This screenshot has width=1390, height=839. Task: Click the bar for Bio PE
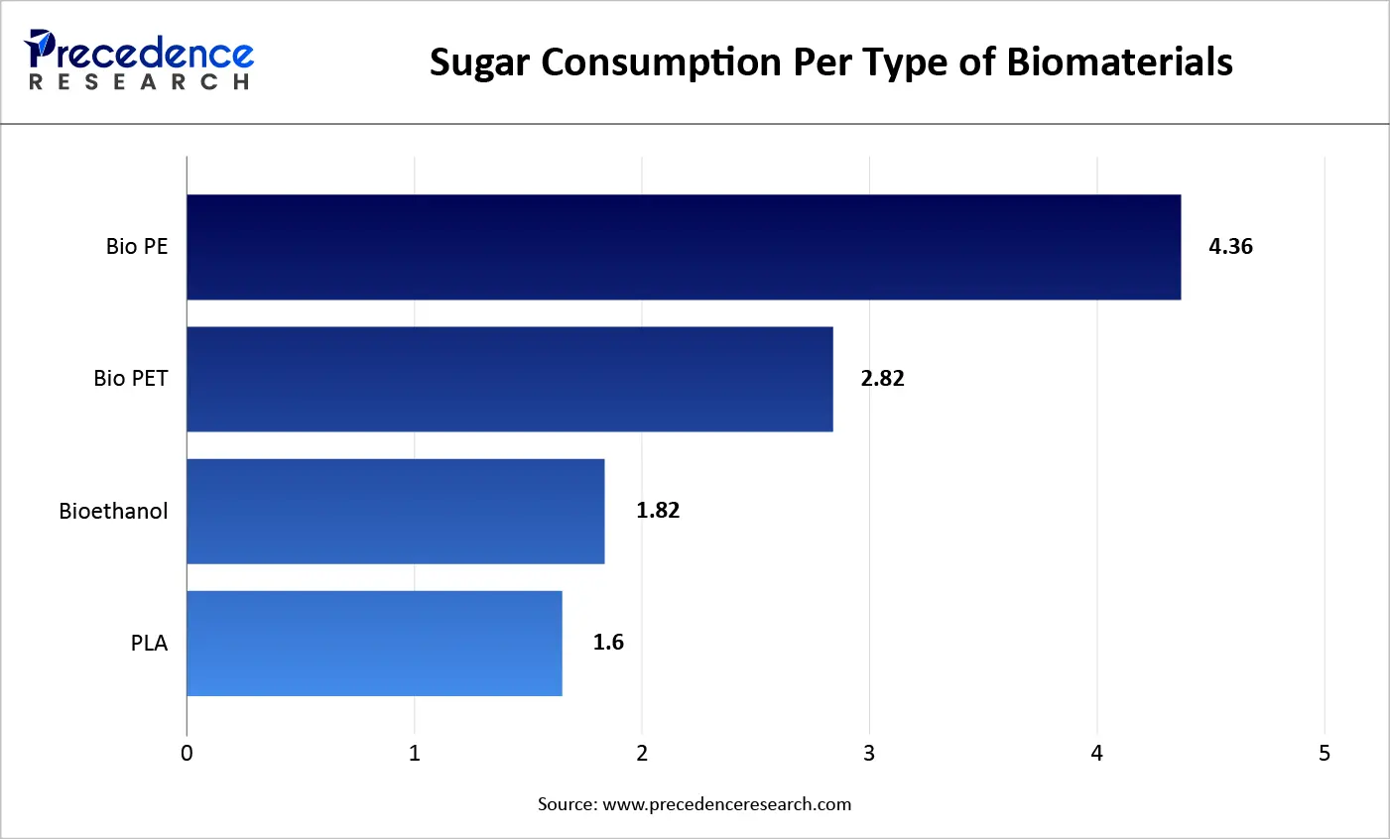coord(684,247)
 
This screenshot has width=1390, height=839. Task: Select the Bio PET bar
coord(510,379)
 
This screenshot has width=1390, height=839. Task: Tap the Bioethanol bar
coord(396,511)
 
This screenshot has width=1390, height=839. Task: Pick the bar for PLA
coord(374,643)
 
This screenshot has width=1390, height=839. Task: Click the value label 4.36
coord(1230,247)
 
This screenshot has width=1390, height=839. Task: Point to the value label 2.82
coord(882,379)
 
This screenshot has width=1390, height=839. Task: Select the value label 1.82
coord(658,511)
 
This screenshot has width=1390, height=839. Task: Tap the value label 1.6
coord(608,643)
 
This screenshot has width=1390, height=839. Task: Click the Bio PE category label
coord(137,247)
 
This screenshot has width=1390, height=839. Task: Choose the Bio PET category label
coord(131,379)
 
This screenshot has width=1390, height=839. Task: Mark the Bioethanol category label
coord(113,512)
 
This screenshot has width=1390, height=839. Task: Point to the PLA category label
coord(149,644)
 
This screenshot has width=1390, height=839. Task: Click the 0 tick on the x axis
coord(187,754)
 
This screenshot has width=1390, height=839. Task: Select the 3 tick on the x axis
coord(869,754)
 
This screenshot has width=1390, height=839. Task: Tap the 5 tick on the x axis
coord(1325,754)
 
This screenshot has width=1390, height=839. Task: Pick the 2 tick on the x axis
coord(642,754)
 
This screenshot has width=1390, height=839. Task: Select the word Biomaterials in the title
coord(1119,61)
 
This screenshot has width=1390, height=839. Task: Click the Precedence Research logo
coord(139,60)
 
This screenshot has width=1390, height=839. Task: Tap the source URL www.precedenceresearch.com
coord(726,804)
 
